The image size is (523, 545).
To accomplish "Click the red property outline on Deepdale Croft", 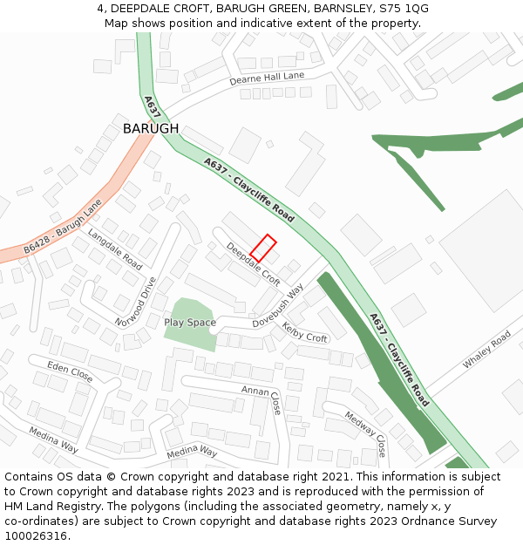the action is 263,248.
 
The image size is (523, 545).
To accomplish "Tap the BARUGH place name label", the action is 151,128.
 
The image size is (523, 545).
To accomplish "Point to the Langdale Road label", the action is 114,249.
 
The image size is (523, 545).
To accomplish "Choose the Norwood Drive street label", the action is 139,301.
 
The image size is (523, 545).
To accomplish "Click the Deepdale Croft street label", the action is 253,264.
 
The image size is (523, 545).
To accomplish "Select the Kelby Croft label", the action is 304,332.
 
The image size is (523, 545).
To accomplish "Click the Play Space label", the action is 190,323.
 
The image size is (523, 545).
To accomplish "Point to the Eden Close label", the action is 70,371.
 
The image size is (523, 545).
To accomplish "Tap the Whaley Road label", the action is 487,349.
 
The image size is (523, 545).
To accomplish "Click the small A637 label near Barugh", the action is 152,106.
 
